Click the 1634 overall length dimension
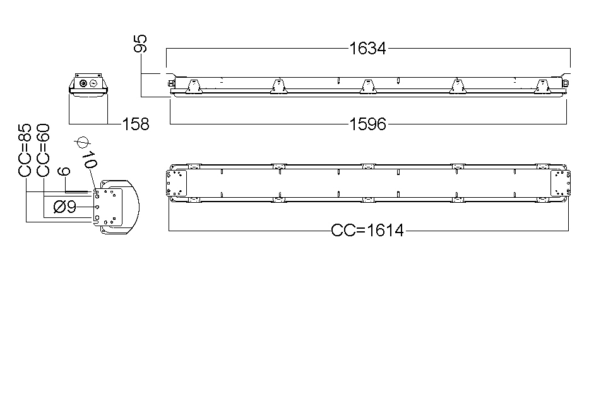(367, 49)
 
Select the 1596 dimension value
(367, 124)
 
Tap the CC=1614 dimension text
(367, 230)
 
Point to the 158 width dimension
(136, 124)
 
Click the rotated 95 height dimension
(141, 43)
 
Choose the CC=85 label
(25, 150)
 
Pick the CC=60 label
(43, 150)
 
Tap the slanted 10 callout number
(90, 160)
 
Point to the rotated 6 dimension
(64, 171)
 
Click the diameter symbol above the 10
(83, 143)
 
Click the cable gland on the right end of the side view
(565, 82)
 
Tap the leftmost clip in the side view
(194, 86)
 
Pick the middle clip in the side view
(368, 86)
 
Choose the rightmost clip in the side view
(542, 86)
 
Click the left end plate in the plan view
(176, 183)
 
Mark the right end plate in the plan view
(561, 183)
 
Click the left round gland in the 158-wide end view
(83, 83)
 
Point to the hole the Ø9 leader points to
(97, 207)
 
